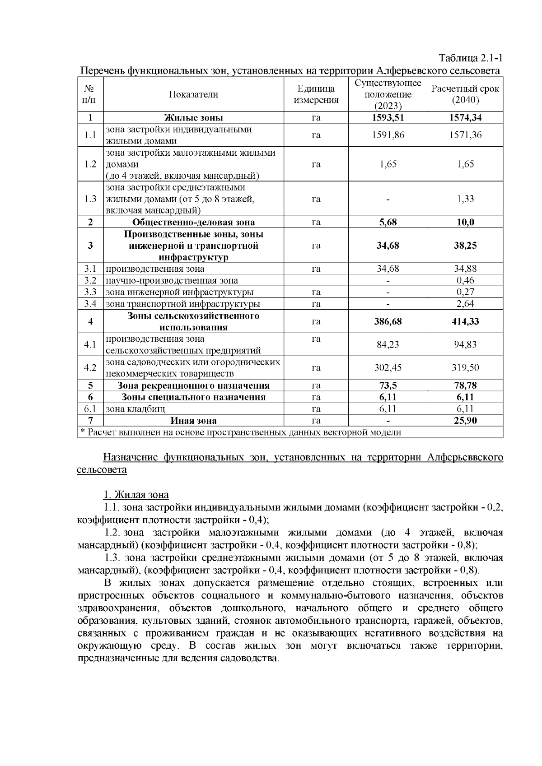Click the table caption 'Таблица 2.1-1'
470,58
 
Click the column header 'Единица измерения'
316,94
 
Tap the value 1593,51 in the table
388,118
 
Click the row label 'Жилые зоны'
193,118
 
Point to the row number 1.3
90,199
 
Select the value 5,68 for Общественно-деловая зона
388,222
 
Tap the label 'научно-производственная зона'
172,280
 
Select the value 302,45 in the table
388,367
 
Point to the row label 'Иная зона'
193,421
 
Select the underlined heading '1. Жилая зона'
136,495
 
